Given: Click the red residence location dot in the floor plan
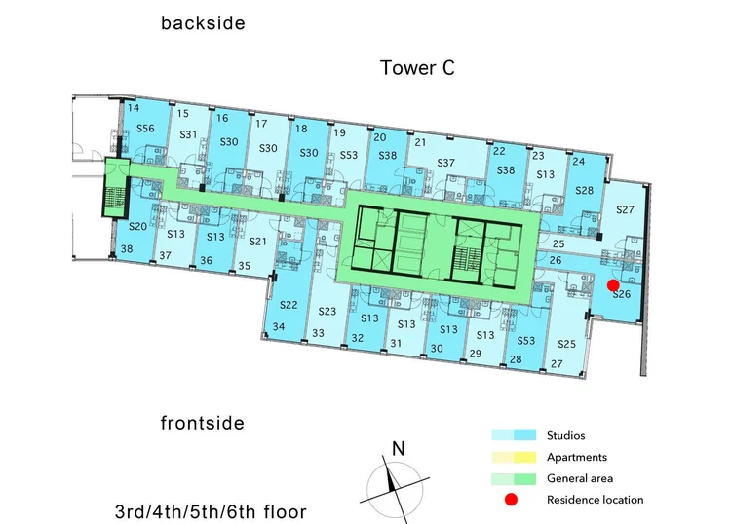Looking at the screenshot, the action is click(613, 285).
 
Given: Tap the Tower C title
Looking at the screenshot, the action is click(417, 68).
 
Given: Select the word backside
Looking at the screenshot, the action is click(203, 23).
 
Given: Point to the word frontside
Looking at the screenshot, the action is click(203, 423).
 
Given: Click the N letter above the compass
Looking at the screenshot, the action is click(398, 449).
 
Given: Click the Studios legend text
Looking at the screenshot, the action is click(565, 435).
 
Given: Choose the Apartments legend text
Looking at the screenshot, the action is click(577, 457).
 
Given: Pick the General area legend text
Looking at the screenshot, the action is click(580, 478).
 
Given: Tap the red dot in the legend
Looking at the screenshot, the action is click(511, 500).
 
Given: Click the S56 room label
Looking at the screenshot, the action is click(145, 129).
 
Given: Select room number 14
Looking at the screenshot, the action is click(134, 108).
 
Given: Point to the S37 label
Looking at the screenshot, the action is click(445, 163).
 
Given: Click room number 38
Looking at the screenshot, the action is click(127, 248).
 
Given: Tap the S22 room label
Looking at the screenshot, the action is click(289, 305).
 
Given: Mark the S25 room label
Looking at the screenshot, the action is click(566, 344).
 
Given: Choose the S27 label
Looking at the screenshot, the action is click(625, 209).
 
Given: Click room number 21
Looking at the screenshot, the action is click(420, 142).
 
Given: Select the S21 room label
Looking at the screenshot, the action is click(257, 242).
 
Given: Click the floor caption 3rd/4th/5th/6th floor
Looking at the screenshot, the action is click(211, 511).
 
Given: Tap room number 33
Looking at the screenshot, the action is click(318, 333).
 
